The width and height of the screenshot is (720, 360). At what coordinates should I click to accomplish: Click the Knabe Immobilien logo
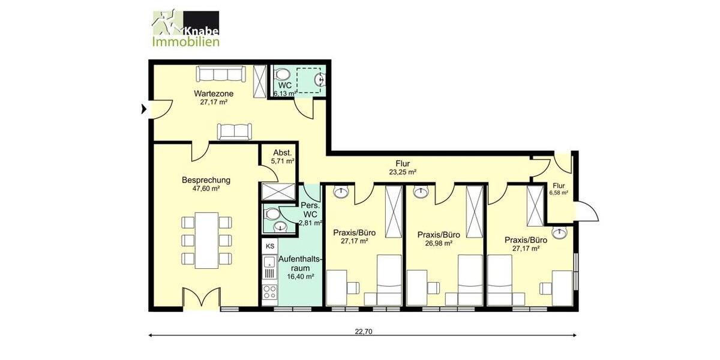tap(185, 28)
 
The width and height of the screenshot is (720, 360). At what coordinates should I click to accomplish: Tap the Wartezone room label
tap(213, 94)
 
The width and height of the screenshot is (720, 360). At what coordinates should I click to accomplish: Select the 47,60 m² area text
tap(206, 188)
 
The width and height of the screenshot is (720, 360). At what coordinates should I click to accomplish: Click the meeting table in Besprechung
tap(206, 240)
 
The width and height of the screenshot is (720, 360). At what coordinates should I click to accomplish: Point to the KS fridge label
tap(270, 246)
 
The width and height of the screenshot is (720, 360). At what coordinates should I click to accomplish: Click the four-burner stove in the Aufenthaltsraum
tap(270, 293)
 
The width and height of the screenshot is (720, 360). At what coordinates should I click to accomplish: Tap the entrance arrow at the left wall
tap(143, 109)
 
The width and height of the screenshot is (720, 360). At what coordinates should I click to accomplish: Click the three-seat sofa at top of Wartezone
tap(221, 74)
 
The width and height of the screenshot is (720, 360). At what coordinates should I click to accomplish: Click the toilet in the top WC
tap(281, 75)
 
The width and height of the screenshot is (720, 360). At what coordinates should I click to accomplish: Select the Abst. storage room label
tap(283, 152)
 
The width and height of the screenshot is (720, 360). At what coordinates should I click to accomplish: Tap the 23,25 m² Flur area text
tap(403, 172)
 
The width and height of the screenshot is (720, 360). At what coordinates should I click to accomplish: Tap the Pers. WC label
tap(310, 209)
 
